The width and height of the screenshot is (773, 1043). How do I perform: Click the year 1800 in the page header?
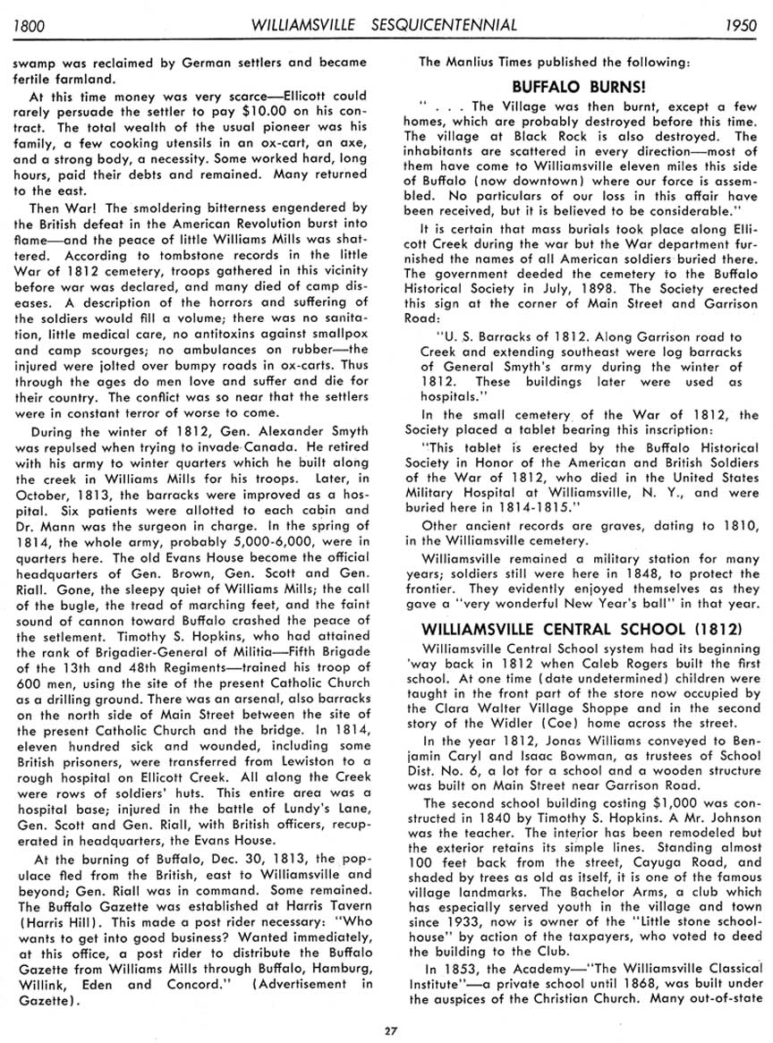29,25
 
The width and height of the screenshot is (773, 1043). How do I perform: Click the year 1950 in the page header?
742,25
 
